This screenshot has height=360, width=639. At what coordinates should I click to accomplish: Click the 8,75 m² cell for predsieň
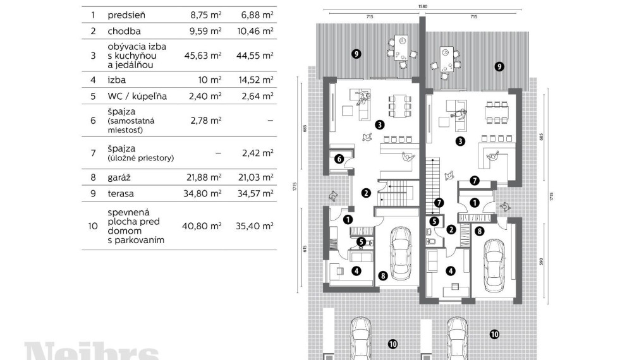click(x=206, y=13)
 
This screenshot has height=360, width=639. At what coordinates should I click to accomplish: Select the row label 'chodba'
click(x=125, y=30)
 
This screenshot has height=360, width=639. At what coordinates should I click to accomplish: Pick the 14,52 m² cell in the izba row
click(x=258, y=80)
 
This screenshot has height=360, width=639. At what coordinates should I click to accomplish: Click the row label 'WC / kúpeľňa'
click(x=137, y=96)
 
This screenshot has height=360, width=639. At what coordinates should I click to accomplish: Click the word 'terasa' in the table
click(x=122, y=194)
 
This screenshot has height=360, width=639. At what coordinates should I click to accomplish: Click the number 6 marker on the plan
click(x=339, y=159)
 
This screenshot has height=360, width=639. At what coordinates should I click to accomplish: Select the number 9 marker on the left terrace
click(x=356, y=54)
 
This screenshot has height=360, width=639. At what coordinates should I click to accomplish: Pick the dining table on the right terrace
click(x=446, y=60)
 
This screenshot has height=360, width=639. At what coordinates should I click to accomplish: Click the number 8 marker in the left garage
click(x=383, y=275)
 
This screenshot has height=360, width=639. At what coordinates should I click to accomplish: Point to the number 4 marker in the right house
click(x=450, y=271)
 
